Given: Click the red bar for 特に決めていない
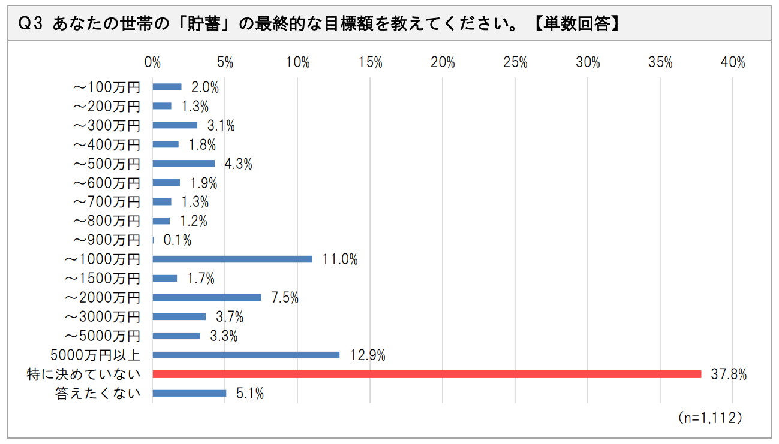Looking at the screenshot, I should (x=426, y=374).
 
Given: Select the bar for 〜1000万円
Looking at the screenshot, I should (x=232, y=259).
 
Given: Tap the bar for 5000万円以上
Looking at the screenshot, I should (x=246, y=355).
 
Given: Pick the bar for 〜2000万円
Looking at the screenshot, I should (x=207, y=297).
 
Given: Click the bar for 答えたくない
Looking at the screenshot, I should (x=190, y=393).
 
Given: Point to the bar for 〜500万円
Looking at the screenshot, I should (x=184, y=163).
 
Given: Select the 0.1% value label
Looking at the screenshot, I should (x=177, y=240).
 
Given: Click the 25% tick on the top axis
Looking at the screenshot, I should (x=515, y=62).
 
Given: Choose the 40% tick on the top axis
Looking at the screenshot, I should (x=732, y=62).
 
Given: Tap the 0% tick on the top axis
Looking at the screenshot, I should (x=153, y=62).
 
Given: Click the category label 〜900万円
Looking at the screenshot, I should (x=106, y=240).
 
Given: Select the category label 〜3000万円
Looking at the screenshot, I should (x=103, y=317).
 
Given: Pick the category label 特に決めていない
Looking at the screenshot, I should (x=83, y=374).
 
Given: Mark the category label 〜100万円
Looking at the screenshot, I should (x=106, y=87).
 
